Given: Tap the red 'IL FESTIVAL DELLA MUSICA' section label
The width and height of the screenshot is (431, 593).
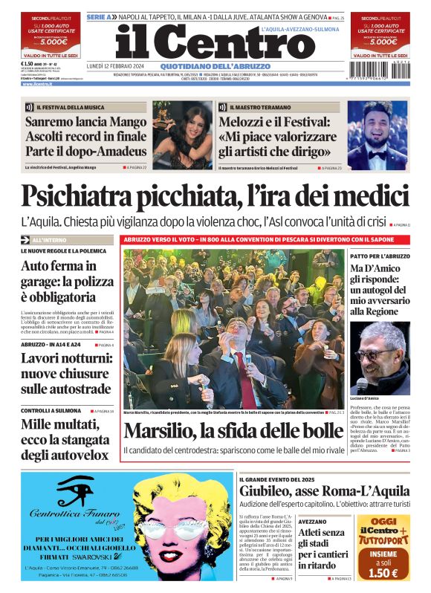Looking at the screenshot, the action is pyautogui.click(x=67, y=107).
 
